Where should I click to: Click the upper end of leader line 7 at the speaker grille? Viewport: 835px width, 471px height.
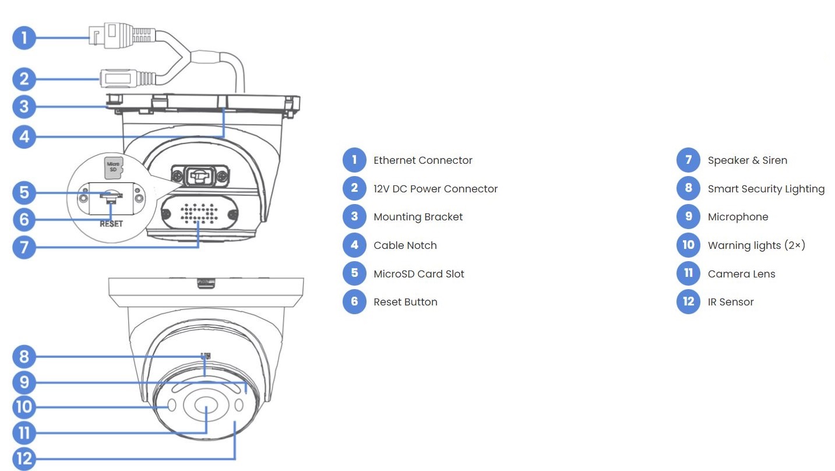tap(198, 222)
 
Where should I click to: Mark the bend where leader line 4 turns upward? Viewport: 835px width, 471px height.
tap(224, 136)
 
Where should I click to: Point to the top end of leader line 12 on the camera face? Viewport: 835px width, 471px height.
tap(235, 421)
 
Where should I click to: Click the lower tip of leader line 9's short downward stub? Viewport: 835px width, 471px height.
tap(246, 393)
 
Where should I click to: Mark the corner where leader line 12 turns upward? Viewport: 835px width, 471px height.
tap(235, 459)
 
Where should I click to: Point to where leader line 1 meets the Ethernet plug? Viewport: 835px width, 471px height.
tap(90, 37)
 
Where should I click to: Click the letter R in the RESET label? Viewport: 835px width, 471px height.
tap(103, 224)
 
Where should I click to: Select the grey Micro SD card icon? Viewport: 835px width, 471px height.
tap(113, 167)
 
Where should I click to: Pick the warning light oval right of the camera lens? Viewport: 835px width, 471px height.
tap(239, 405)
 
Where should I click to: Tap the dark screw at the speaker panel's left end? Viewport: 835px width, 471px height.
tap(166, 214)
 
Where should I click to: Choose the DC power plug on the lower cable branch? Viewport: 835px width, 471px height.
tap(127, 79)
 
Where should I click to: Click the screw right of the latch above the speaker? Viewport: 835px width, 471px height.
tap(223, 175)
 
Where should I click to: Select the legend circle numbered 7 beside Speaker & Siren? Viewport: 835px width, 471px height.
tap(688, 160)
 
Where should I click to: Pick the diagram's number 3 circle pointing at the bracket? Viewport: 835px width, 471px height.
tap(24, 107)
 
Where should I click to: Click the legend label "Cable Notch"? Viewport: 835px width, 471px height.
tap(405, 245)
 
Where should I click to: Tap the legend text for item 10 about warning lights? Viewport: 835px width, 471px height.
tap(756, 245)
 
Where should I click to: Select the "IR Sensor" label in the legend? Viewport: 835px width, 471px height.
tap(731, 302)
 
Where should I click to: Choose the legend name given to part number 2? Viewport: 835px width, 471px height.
tap(435, 189)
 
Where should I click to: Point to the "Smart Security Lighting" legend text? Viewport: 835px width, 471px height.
tap(766, 189)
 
